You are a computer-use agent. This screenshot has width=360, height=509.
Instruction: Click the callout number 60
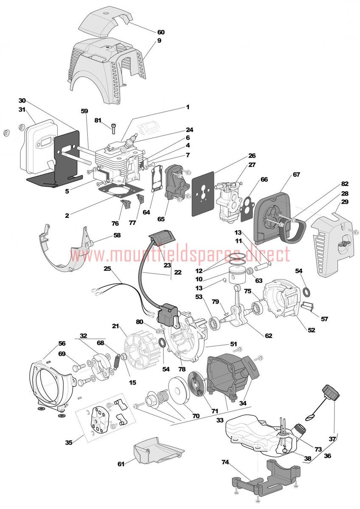point(161,32)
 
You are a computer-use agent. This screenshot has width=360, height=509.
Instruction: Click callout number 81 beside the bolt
point(98,120)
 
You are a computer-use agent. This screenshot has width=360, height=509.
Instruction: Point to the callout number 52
point(311,330)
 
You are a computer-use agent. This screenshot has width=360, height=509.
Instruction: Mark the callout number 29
point(345,201)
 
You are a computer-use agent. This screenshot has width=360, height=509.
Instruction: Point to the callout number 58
point(117,235)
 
